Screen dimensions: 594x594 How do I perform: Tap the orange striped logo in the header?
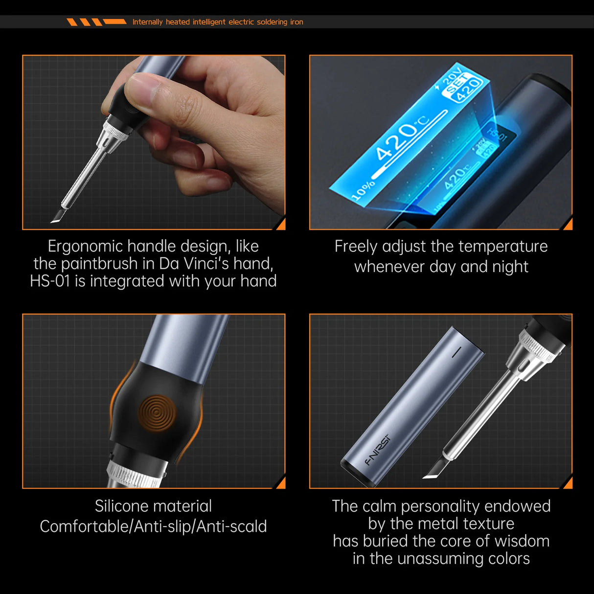[x=96, y=22]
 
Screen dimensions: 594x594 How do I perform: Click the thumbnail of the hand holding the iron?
[x=154, y=142]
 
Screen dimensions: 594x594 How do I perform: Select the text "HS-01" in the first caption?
[x=50, y=281]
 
